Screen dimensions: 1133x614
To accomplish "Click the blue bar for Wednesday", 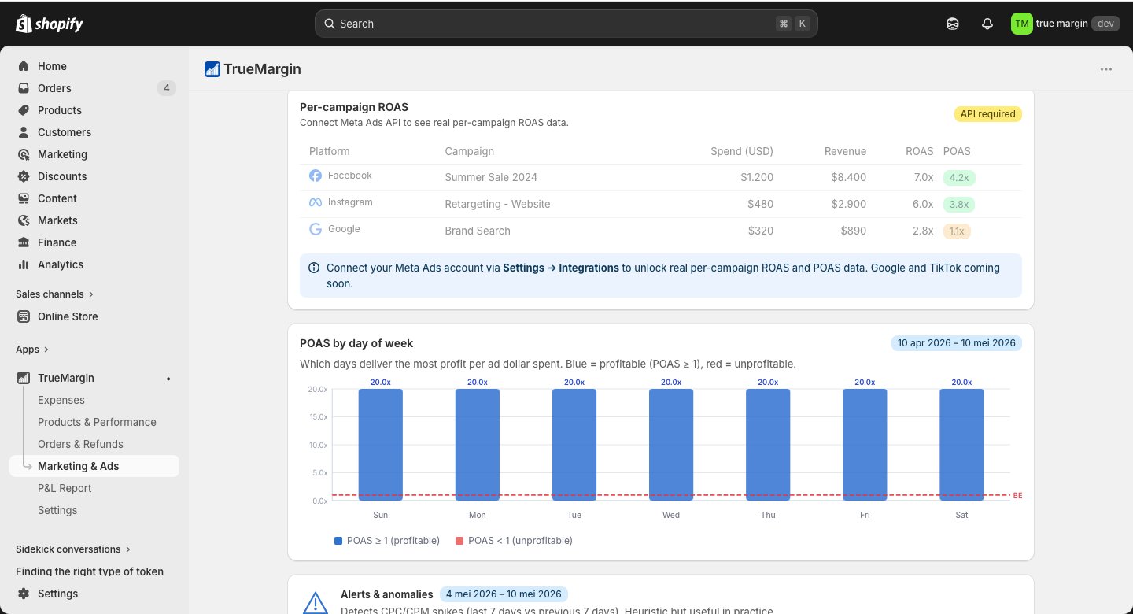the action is pyautogui.click(x=670, y=445).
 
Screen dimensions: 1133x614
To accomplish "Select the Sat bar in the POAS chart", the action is pyautogui.click(x=961, y=445).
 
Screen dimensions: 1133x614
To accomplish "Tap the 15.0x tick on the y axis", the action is pyautogui.click(x=318, y=416).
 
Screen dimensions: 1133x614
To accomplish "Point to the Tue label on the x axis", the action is pyautogui.click(x=574, y=515).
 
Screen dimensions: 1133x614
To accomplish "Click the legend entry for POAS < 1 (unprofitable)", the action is pyautogui.click(x=514, y=541).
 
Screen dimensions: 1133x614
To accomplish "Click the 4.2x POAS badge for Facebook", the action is pyautogui.click(x=959, y=178).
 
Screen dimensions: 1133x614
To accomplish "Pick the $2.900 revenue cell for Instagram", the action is pyautogui.click(x=848, y=204).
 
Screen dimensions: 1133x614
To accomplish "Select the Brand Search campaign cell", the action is pyautogui.click(x=478, y=231).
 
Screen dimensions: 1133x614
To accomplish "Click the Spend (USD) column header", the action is pyautogui.click(x=741, y=151).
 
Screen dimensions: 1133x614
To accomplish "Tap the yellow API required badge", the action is pyautogui.click(x=988, y=114).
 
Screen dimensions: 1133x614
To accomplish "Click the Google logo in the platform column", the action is pyautogui.click(x=315, y=229).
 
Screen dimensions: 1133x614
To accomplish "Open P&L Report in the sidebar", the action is pyautogui.click(x=65, y=488).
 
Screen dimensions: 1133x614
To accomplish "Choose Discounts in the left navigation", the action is pyautogui.click(x=61, y=176).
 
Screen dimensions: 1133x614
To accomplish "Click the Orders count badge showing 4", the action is pyautogui.click(x=167, y=88).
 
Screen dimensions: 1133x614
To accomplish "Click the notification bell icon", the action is pyautogui.click(x=987, y=24).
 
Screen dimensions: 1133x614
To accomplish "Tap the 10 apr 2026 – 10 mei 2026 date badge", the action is pyautogui.click(x=956, y=343).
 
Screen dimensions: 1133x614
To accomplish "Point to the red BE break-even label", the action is pyautogui.click(x=1017, y=496).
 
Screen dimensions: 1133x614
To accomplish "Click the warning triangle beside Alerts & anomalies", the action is pyautogui.click(x=315, y=603).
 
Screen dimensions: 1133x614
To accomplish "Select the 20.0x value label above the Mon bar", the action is pyautogui.click(x=477, y=382).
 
